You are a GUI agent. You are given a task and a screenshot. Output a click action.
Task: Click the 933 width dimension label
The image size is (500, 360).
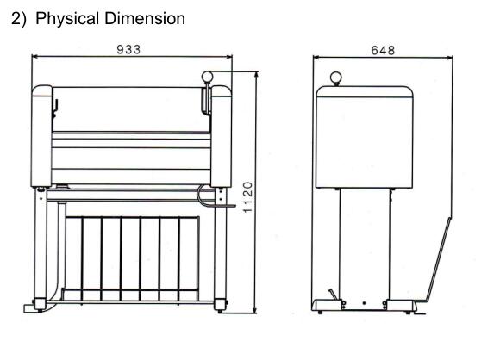(128, 50)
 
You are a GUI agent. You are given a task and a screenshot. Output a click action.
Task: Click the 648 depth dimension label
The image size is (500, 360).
(383, 50)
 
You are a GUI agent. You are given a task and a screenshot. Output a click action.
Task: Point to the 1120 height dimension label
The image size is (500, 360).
(247, 197)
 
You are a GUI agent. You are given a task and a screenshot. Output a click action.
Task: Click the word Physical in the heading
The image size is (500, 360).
(67, 19)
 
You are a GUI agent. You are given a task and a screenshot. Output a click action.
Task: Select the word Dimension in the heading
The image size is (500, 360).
(145, 18)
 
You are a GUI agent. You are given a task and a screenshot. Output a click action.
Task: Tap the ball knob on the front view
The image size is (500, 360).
(207, 77)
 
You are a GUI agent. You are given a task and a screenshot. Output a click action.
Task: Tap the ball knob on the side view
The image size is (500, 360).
(336, 78)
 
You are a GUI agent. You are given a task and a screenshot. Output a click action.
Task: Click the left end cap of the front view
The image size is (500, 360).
(41, 136)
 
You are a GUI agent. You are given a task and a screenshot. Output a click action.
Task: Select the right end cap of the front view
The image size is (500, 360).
(221, 136)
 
